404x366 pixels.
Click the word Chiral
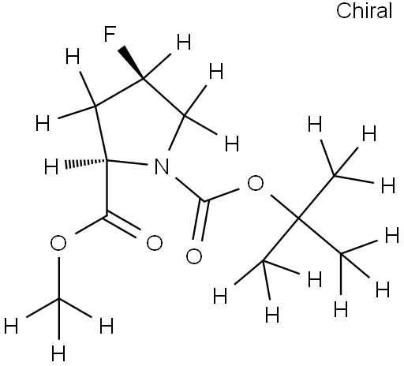(365, 11)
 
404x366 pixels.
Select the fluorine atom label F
(110, 34)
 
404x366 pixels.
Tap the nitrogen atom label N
(162, 166)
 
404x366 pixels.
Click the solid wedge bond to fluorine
(131, 62)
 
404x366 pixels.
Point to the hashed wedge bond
(86, 163)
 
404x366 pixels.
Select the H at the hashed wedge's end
(51, 166)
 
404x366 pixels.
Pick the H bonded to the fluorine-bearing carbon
(184, 43)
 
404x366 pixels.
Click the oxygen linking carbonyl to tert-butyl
(255, 183)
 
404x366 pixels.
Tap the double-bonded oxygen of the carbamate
(194, 256)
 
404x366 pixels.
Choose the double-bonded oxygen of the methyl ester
(155, 243)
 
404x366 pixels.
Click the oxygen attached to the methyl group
(58, 243)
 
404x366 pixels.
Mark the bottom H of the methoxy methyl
(58, 353)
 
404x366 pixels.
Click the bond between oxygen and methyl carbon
(58, 278)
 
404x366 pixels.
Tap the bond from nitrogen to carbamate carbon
(190, 189)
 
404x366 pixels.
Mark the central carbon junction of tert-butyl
(298, 218)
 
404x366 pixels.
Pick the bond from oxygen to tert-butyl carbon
(285, 207)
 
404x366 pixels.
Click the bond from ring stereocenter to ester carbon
(107, 188)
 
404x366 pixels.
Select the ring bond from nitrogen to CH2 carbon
(177, 133)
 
